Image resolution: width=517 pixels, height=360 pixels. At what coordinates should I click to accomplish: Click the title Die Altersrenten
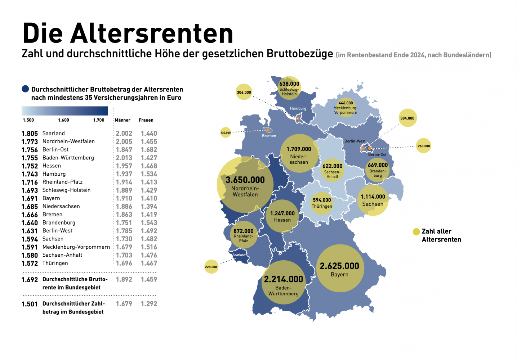pos(128,33)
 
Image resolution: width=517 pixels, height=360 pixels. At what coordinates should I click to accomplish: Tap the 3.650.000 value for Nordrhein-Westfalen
pos(245,180)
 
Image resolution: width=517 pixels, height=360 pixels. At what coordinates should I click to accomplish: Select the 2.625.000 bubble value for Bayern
pos(339,266)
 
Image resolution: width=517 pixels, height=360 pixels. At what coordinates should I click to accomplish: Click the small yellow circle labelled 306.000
pos(244,92)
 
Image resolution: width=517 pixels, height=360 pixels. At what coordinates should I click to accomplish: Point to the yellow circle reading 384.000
pos(407,118)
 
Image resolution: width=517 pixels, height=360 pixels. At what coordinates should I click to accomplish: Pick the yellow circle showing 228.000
pos(211,267)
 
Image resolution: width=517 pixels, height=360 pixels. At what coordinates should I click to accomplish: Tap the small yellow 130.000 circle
pos(226,132)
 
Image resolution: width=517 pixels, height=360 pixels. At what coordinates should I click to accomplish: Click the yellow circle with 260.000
pos(424,146)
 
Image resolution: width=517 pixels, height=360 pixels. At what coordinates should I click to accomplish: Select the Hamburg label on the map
pos(298,108)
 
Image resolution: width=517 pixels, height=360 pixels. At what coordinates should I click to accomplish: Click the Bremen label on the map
pos(269,136)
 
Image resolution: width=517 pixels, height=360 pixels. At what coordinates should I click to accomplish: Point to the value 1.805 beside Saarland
pos(30,134)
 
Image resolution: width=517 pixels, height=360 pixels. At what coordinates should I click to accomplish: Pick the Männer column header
pos(122,120)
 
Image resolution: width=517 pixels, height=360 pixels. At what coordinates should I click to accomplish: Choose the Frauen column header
pos(146,120)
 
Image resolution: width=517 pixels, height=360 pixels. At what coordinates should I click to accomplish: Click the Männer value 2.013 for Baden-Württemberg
pos(124,158)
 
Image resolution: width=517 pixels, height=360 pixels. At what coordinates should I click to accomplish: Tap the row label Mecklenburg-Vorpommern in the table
pos(76,247)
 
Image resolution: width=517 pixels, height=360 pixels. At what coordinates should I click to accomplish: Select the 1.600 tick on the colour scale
pos(63,120)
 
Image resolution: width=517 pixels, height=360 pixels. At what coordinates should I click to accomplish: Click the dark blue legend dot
pos(25,89)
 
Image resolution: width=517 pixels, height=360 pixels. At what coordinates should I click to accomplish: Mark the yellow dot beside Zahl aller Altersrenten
pos(416,231)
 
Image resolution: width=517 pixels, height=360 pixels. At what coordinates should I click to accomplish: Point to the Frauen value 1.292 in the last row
pos(149,304)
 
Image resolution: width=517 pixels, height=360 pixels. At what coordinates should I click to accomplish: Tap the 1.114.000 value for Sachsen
pos(373,197)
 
